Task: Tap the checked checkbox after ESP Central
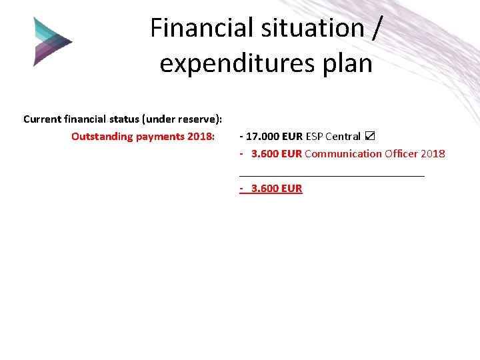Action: click(x=370, y=137)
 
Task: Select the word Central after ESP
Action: click(x=343, y=137)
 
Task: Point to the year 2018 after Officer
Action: click(x=433, y=154)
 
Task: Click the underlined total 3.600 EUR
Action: click(x=277, y=189)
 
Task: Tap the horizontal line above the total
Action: click(x=331, y=176)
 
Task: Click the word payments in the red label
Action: click(x=160, y=137)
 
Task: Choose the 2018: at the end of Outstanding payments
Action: click(x=201, y=137)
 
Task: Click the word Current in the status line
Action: click(x=42, y=119)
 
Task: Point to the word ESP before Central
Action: click(x=314, y=137)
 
